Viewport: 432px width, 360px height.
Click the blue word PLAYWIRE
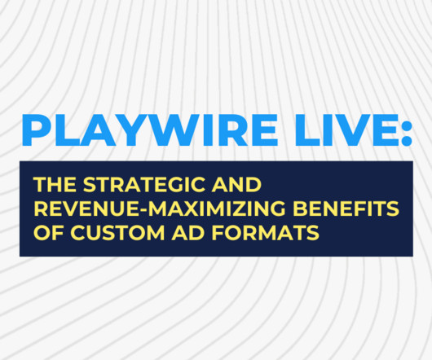click(x=150, y=130)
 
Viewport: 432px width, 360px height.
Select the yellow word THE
click(x=55, y=184)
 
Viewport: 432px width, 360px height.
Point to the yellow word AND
click(x=236, y=184)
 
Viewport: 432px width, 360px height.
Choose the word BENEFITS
click(x=346, y=209)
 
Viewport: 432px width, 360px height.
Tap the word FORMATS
click(x=265, y=233)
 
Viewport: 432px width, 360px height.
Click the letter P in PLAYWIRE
click(x=36, y=130)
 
